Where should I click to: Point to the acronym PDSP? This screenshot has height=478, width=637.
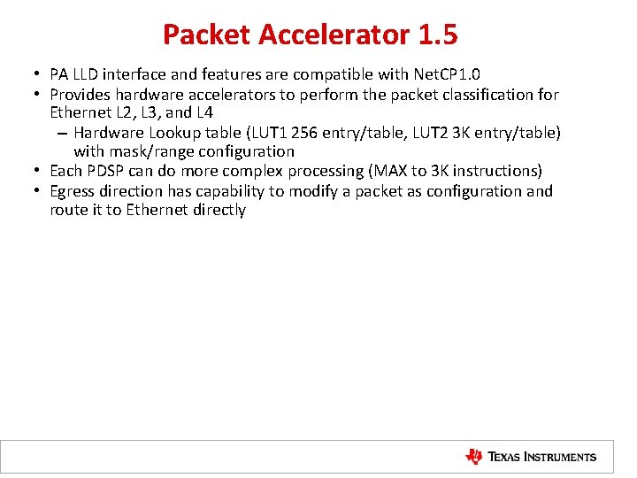tap(104, 171)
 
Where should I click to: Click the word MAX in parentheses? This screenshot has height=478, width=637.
tap(385, 171)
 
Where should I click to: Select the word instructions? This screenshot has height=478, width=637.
tap(497, 171)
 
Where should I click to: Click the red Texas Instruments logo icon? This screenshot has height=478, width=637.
tap(474, 457)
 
